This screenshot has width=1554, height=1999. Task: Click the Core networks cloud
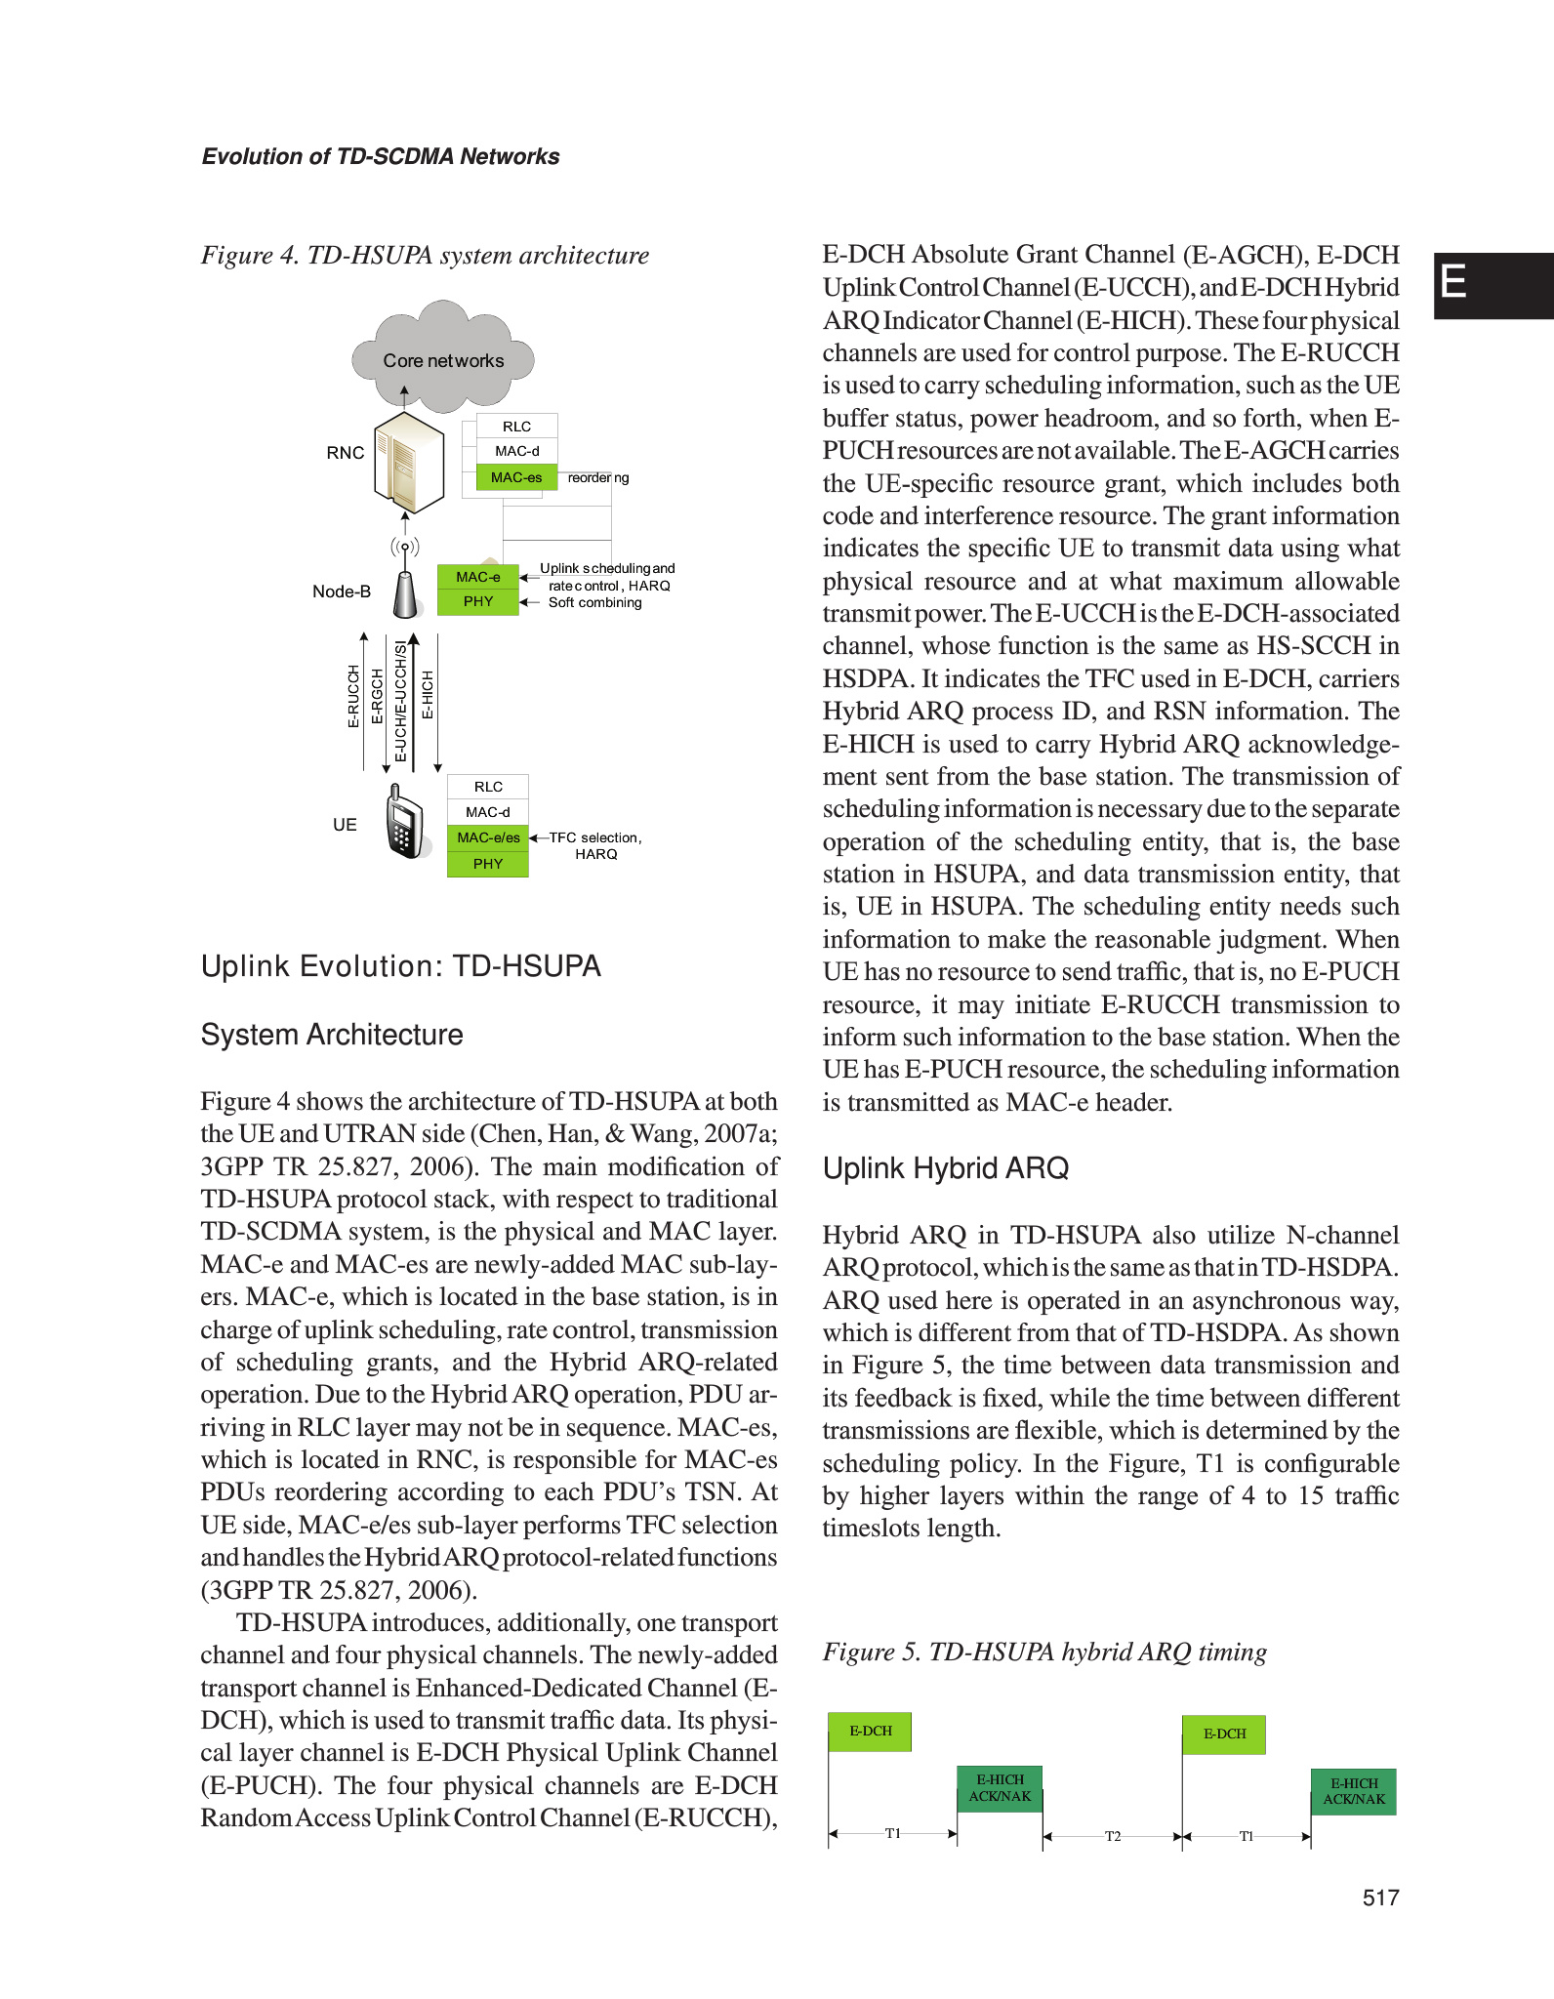[443, 359]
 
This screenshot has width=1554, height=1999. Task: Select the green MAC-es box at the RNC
[516, 477]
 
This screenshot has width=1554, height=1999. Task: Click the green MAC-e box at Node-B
[478, 577]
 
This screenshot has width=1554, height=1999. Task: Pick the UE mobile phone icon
[406, 823]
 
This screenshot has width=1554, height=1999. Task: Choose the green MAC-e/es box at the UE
[488, 837]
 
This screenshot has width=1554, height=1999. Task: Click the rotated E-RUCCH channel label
[353, 696]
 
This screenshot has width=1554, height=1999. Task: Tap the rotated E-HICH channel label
[428, 695]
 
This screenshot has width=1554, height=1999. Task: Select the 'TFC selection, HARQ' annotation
[595, 845]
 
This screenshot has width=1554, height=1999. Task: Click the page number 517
[1380, 1897]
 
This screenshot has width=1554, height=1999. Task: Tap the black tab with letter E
[1493, 285]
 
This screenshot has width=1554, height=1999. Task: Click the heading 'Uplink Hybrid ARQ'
[945, 1168]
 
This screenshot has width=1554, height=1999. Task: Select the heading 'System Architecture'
[332, 1035]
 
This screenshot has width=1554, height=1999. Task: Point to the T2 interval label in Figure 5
[1113, 1836]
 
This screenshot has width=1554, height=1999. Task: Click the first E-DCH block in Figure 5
[870, 1732]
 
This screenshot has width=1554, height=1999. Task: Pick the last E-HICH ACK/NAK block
[1354, 1791]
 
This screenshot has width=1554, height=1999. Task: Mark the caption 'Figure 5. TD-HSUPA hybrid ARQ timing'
[1044, 1652]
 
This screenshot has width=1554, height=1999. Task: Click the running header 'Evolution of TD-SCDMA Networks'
[381, 156]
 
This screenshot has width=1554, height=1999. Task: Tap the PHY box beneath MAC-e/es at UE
[488, 864]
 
